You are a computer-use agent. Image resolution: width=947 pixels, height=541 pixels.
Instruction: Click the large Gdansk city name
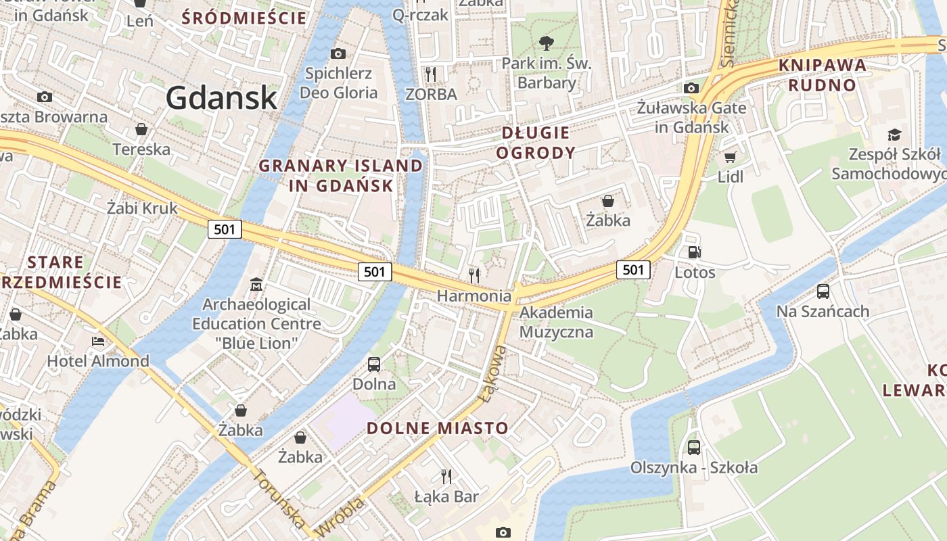[221, 97]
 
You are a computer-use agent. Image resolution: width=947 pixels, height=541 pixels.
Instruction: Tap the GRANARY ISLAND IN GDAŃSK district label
[341, 175]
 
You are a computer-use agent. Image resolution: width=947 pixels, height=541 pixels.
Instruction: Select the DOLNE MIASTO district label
[437, 427]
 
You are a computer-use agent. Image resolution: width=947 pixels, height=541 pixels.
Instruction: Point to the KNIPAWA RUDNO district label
[823, 75]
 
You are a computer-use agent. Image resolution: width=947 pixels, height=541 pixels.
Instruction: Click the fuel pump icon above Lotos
[694, 253]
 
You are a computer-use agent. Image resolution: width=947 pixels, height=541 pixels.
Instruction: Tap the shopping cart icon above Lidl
[730, 158]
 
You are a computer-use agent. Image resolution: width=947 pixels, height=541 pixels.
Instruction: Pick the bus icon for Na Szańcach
[823, 291]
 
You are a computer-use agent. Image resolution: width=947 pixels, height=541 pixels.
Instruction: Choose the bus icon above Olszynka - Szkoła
[694, 447]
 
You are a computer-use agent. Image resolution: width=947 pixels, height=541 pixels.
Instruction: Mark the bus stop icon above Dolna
[374, 364]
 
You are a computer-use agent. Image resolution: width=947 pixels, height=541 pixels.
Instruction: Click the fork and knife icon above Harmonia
[474, 275]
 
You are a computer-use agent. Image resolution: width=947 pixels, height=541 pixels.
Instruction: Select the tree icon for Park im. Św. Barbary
[545, 44]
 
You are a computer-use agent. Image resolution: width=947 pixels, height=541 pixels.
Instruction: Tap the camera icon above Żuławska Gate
[691, 88]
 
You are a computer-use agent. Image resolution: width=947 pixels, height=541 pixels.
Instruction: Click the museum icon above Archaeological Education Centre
[256, 285]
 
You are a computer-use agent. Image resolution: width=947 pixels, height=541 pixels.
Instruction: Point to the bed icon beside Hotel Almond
[99, 342]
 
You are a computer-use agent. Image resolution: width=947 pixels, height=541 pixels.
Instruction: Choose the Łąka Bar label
[446, 497]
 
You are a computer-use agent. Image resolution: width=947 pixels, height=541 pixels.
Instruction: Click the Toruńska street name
[279, 498]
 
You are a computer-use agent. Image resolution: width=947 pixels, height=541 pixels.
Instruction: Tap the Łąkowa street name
[494, 374]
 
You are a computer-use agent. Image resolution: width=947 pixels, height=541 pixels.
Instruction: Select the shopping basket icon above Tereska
[141, 129]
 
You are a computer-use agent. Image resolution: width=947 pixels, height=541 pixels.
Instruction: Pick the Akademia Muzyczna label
[556, 322]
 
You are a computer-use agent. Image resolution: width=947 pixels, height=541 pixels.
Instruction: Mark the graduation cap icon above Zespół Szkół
[894, 135]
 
